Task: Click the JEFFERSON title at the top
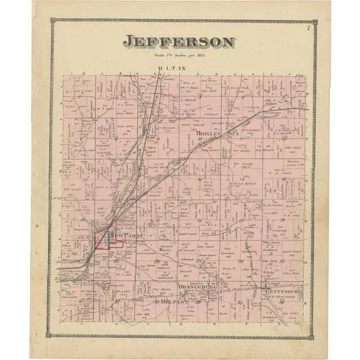[179, 42]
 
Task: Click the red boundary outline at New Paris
[108, 241]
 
